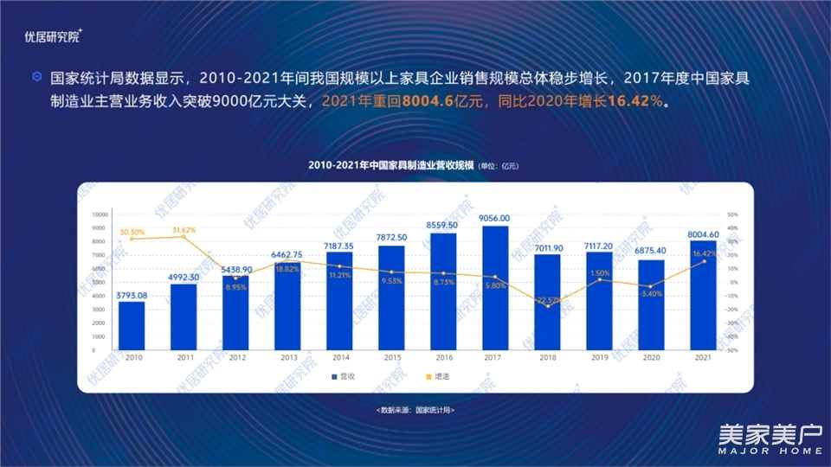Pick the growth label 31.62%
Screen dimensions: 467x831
tap(184, 230)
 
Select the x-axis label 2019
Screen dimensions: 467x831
tap(598, 356)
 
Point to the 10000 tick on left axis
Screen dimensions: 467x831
tap(100, 214)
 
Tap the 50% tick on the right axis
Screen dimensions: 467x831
tap(731, 214)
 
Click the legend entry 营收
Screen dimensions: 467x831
tap(345, 376)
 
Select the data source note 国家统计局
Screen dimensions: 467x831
tap(415, 409)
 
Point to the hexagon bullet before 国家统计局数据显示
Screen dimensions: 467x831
tap(36, 76)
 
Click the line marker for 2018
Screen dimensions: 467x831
tap(547, 306)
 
